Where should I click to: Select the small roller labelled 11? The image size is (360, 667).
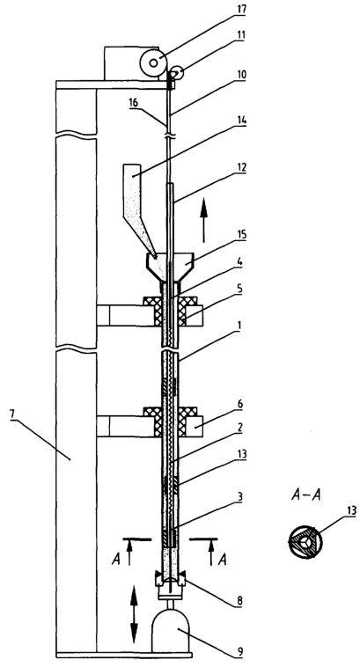177,74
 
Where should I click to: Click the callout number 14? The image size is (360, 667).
240,121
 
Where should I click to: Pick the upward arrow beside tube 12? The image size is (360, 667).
203,220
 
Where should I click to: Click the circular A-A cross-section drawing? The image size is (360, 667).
305,543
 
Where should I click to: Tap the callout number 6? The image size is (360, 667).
240,405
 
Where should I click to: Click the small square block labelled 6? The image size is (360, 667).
194,426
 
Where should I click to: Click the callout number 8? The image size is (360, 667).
240,601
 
